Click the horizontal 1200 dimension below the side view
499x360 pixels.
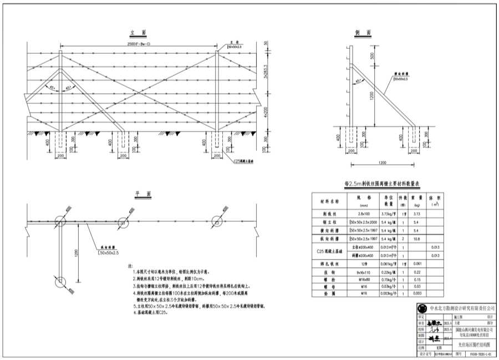[x=383, y=163]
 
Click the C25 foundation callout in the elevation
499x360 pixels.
[x=242, y=161]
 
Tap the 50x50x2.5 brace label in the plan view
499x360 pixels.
[x=110, y=253]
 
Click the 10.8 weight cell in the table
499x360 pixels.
[x=418, y=239]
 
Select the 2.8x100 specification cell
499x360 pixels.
[x=363, y=213]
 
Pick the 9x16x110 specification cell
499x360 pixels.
[x=363, y=272]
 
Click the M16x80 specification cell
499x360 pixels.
[x=363, y=280]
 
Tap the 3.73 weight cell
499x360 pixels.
[x=418, y=213]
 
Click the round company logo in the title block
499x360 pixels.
[x=423, y=308]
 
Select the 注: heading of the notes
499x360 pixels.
[x=131, y=266]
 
